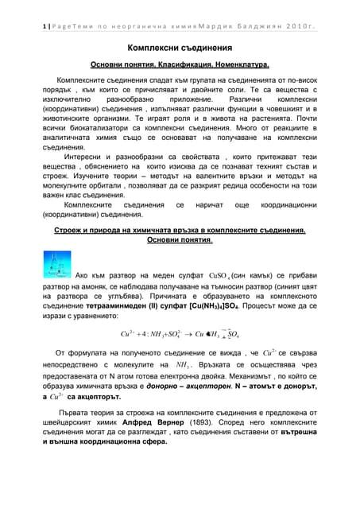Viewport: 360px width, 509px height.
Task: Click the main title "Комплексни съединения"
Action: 180,49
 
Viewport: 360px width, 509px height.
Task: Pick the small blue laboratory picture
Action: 56,263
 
